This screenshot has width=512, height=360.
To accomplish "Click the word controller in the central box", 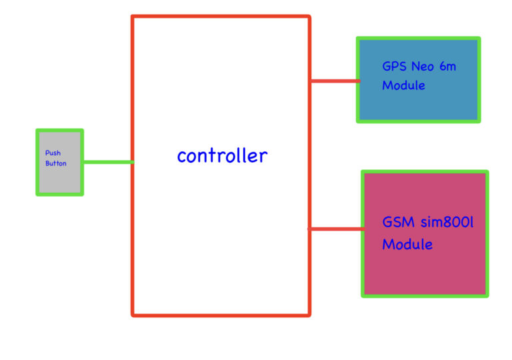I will click(x=222, y=156).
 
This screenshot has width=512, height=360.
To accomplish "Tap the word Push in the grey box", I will click(x=53, y=153).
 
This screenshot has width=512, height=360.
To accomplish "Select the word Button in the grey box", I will click(x=56, y=163).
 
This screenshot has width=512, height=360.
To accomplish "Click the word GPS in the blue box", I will click(x=394, y=67).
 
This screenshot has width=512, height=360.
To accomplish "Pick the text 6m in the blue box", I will click(x=448, y=67).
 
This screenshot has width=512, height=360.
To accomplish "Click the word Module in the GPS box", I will click(x=403, y=85).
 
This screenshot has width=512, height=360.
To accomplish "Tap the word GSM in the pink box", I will click(x=397, y=222).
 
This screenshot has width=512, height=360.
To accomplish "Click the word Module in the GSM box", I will click(x=407, y=245).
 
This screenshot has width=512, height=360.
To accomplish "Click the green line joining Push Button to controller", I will click(x=107, y=162).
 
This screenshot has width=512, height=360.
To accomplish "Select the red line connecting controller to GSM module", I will click(x=336, y=229).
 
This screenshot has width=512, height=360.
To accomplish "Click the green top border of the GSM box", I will click(x=425, y=172).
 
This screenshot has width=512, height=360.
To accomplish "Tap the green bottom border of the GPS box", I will click(x=419, y=121).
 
